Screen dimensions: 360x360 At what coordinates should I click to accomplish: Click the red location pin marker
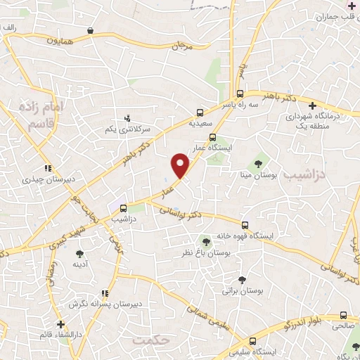coord(181,165)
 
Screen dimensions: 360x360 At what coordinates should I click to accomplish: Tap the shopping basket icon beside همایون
coord(91,31)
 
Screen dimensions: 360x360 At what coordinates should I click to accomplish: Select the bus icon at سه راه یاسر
coord(240,93)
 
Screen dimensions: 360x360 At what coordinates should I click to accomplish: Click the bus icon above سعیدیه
coord(200,112)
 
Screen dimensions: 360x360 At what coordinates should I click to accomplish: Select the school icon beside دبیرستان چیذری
coord(48,169)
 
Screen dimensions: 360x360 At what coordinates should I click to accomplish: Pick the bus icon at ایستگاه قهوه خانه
coord(244,225)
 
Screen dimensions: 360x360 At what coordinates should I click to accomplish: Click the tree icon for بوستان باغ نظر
coord(205,242)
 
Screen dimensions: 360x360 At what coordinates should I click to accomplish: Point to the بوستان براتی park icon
coord(242,279)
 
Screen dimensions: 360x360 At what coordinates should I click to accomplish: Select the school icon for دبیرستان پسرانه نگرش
coord(104,293)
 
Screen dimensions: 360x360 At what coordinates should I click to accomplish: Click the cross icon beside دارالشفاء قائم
coord(61,324)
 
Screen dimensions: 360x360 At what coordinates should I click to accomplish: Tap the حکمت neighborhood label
coord(151,340)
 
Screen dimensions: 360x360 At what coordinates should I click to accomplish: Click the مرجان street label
coord(181,47)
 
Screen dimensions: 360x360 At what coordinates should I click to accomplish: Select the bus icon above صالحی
coord(342,316)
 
